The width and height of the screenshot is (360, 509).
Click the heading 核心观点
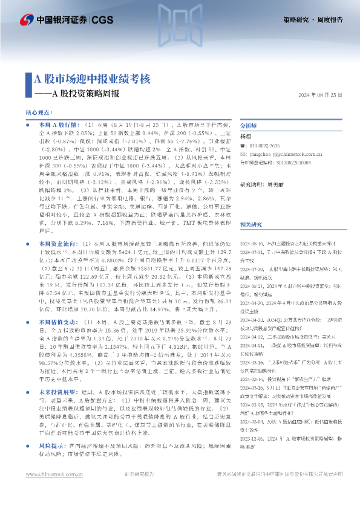pyautogui.click(x=41, y=113)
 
